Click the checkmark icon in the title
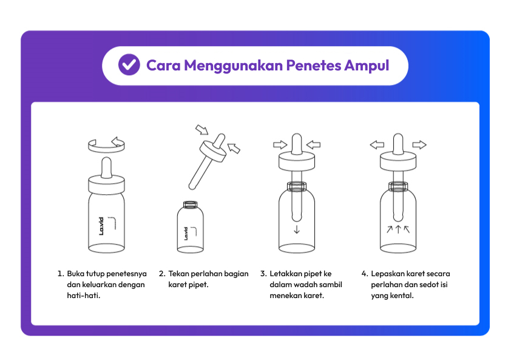129,64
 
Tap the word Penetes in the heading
314,65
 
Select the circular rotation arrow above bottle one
107,145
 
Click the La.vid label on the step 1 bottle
101,226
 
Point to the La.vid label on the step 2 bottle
186,234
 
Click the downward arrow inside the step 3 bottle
297,229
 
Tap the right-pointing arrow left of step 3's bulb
280,144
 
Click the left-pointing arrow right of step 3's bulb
314,144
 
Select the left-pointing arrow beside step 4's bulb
377,144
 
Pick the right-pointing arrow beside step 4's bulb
419,144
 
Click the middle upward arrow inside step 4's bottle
398,229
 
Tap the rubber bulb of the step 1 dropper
107,168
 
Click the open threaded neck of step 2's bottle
191,205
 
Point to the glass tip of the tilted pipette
192,187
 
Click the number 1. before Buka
61,274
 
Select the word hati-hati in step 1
83,296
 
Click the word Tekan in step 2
178,274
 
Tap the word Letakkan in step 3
285,274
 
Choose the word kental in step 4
403,296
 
